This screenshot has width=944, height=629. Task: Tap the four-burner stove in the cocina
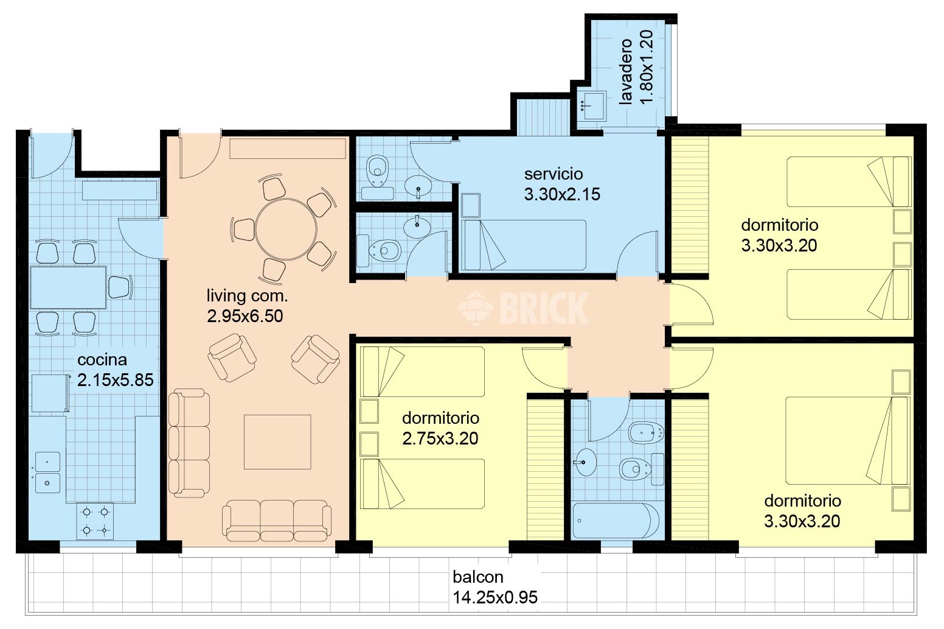click(95, 521)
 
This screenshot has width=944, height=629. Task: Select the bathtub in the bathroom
click(616, 521)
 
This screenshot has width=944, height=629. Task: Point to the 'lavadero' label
click(625, 71)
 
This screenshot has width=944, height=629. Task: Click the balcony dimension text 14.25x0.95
click(495, 597)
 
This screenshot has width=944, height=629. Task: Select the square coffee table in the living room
click(277, 441)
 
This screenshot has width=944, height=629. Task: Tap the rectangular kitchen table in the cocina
click(68, 287)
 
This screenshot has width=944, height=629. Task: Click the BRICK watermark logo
click(522, 307)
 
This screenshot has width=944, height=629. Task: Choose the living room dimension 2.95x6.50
click(245, 316)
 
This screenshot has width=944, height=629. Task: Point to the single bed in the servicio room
click(524, 245)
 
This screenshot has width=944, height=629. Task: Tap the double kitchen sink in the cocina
click(47, 472)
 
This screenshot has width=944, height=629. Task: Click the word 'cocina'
click(102, 360)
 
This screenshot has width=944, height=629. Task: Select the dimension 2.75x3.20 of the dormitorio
click(440, 438)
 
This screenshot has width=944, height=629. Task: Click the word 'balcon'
click(478, 577)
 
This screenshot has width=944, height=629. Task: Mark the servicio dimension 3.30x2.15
click(562, 194)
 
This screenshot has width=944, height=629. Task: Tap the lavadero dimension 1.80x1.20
click(646, 66)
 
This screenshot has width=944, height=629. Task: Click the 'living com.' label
click(247, 296)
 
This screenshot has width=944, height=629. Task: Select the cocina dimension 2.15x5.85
click(115, 380)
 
